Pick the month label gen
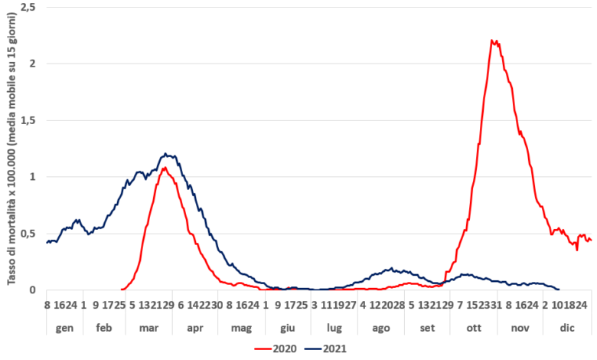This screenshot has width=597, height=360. point(61,326)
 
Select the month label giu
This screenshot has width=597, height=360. point(287,326)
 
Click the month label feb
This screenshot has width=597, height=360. point(104,326)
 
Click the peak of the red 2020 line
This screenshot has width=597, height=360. point(494,41)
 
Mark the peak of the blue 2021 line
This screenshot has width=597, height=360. point(167,154)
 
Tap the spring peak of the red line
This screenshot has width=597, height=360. point(164,167)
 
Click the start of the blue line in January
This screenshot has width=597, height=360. point(47,242)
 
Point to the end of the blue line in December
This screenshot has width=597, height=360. point(559,290)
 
